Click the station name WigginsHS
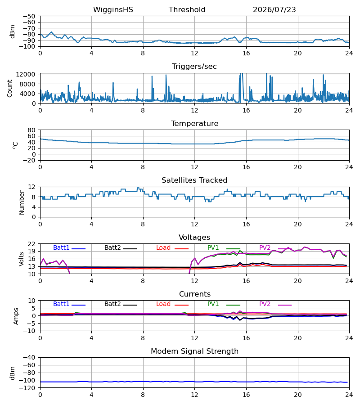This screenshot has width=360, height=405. (113, 10)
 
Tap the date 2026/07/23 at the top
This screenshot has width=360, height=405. (274, 9)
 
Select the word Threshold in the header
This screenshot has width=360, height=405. (187, 9)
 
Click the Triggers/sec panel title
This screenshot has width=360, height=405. (194, 67)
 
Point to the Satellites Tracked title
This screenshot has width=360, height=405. (194, 180)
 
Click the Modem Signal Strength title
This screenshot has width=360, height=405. (194, 351)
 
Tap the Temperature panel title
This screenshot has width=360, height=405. (194, 123)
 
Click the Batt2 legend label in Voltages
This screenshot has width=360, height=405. (112, 247)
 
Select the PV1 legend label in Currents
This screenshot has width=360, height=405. (213, 304)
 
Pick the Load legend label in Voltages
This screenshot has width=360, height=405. (163, 247)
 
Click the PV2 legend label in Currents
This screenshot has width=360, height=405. (265, 304)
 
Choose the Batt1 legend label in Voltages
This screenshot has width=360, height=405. (61, 247)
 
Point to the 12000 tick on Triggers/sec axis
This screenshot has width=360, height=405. (26, 74)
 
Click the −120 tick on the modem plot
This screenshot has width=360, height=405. (29, 388)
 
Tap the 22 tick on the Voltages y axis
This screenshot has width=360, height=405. (31, 243)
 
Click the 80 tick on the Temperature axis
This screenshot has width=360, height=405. (31, 130)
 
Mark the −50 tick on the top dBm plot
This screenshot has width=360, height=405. (29, 16)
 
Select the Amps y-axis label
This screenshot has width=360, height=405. (16, 316)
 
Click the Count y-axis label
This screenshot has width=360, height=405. (9, 88)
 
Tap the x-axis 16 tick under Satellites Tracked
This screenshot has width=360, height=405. (246, 224)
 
